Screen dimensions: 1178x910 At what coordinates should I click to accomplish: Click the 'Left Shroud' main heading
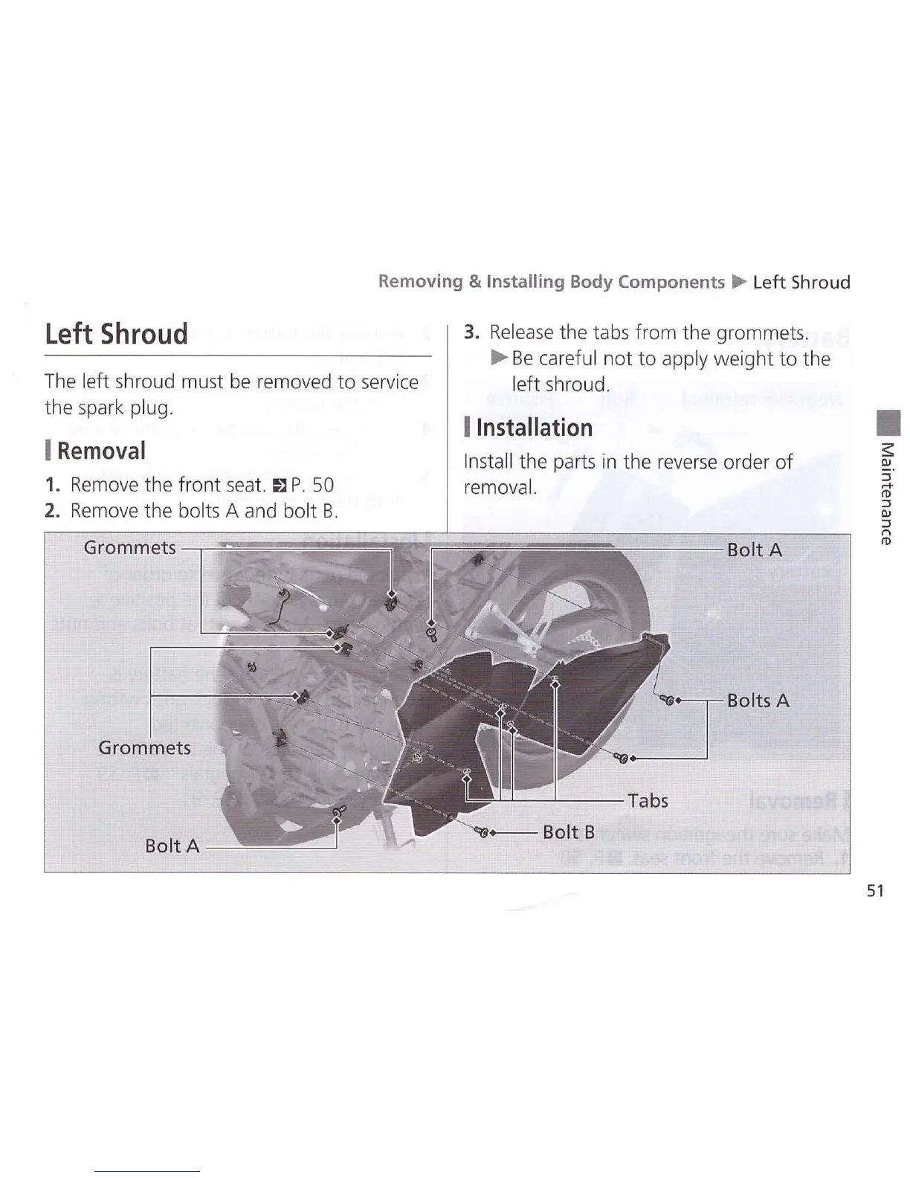116,334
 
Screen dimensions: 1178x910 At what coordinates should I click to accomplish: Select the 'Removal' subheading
101,451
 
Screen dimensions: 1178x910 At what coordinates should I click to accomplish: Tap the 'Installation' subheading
534,428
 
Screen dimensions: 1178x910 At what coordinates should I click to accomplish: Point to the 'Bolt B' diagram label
568,831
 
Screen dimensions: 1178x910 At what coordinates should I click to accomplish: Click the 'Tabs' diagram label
648,800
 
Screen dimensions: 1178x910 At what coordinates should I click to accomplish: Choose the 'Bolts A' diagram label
758,701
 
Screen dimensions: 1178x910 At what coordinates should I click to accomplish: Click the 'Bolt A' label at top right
754,550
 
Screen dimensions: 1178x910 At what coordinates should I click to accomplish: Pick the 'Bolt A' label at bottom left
172,846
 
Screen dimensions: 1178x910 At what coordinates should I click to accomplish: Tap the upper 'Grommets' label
129,547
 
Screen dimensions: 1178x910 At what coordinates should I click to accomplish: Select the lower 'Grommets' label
144,747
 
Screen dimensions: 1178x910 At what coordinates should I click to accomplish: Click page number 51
875,890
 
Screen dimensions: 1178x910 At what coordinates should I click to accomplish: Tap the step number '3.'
471,332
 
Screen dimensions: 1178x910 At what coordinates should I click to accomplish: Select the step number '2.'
52,511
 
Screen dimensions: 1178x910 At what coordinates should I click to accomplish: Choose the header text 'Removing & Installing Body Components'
551,282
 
